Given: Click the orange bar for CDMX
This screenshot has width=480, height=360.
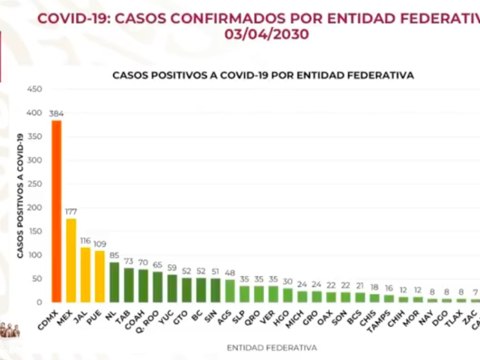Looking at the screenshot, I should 56,211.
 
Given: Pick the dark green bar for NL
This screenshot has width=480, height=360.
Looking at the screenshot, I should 115,282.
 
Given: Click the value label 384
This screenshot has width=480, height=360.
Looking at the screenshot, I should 57,113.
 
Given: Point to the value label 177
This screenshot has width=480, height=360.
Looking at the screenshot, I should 71,212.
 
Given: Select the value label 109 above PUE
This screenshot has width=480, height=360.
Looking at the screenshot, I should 100,244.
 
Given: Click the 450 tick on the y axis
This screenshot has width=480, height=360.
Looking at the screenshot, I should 34,89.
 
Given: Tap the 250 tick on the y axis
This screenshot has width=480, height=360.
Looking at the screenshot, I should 34,184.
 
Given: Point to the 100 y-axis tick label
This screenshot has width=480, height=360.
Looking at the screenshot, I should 34,255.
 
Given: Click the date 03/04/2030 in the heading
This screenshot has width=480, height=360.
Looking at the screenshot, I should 267,35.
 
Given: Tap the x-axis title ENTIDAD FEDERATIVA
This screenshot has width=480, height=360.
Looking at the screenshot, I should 272,347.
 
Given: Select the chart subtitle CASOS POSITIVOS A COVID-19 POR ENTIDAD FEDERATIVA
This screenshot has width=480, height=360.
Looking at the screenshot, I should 263,76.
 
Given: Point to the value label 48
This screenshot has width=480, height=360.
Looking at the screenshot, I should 230,273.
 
